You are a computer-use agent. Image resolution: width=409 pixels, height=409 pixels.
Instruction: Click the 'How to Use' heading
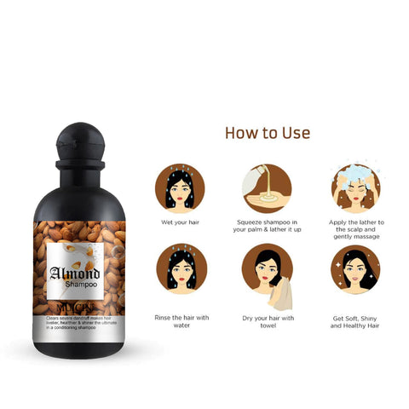pyautogui.click(x=267, y=133)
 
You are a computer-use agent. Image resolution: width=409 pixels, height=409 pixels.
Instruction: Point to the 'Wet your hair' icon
pyautogui.click(x=181, y=188)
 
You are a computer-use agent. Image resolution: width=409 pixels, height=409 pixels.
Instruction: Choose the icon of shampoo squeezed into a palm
pyautogui.click(x=267, y=188)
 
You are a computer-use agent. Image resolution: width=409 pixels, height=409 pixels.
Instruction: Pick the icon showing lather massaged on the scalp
pyautogui.click(x=355, y=188)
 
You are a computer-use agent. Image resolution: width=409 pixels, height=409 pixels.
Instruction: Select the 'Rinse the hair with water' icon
pyautogui.click(x=181, y=268)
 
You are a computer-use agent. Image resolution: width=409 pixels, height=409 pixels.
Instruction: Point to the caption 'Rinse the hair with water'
pyautogui.click(x=181, y=321)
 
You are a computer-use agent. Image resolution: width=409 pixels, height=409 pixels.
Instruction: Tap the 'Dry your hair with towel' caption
pyautogui.click(x=267, y=321)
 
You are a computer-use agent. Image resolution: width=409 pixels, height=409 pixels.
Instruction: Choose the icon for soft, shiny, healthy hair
pyautogui.click(x=355, y=268)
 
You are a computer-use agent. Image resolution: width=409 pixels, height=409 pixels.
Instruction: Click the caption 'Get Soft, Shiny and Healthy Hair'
pyautogui.click(x=355, y=321)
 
